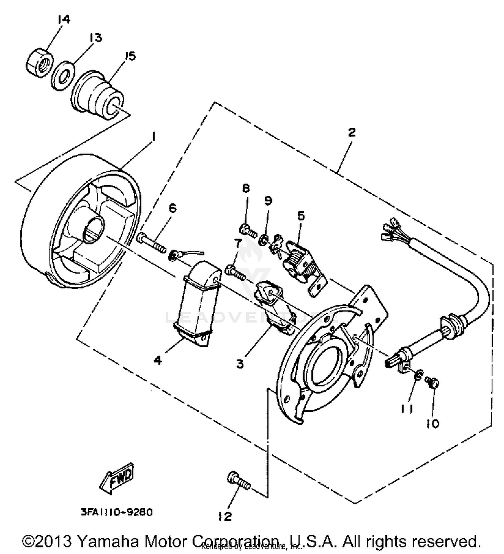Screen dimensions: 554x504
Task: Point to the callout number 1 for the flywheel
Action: click(x=153, y=137)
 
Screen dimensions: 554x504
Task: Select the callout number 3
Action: click(x=240, y=363)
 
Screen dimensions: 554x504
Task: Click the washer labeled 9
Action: click(x=263, y=240)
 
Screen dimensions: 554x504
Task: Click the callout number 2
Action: click(x=351, y=132)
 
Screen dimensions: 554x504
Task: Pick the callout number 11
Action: click(x=407, y=408)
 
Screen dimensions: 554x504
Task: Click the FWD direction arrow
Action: click(x=117, y=478)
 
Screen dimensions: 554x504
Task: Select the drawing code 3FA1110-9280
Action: click(x=116, y=512)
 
